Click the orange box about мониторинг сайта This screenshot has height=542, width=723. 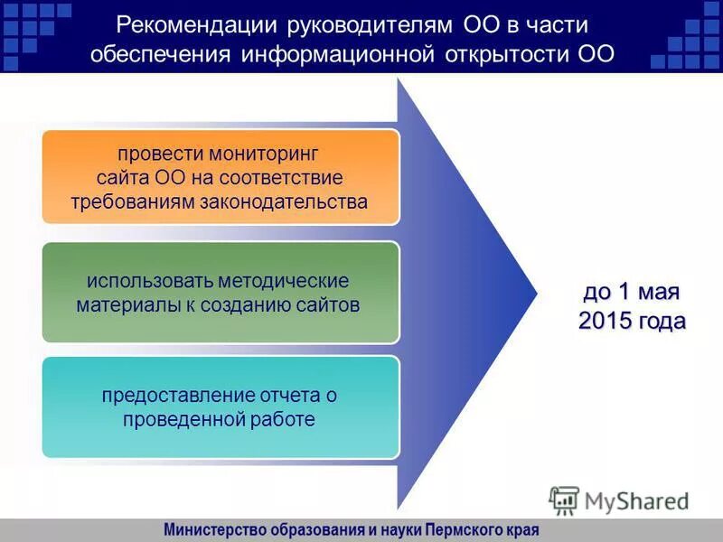pyautogui.click(x=220, y=176)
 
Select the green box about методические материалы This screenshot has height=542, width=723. pyautogui.click(x=220, y=292)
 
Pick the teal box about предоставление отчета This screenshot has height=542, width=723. pyautogui.click(x=220, y=406)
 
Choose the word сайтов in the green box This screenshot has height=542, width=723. pyautogui.click(x=329, y=304)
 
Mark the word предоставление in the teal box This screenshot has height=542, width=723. pyautogui.click(x=165, y=395)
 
